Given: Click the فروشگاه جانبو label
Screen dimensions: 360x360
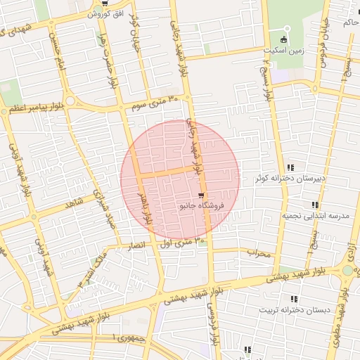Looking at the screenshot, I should [202, 206].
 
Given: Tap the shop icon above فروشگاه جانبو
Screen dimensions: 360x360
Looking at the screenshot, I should [202, 195].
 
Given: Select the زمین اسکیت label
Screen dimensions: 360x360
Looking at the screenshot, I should [284, 51].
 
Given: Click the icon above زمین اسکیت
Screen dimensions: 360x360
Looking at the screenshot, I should [285, 39].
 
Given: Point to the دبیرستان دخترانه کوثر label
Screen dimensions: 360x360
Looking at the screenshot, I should [291, 178].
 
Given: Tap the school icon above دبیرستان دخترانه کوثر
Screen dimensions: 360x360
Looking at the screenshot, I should [292, 167].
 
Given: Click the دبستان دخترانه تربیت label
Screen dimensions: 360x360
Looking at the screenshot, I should [294, 310].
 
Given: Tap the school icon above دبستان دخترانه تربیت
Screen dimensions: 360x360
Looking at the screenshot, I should [294, 300].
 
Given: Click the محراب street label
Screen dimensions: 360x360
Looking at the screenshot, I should [259, 252].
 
